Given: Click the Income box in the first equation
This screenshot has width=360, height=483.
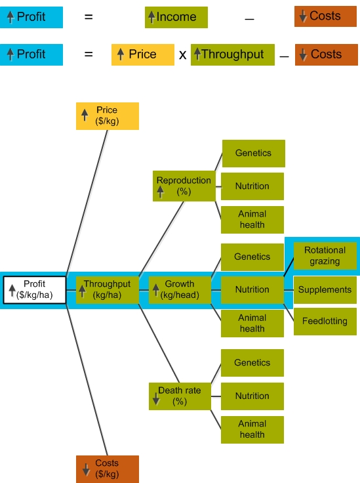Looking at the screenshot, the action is tap(176, 17).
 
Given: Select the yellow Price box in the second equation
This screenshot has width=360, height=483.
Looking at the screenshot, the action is tap(143, 55).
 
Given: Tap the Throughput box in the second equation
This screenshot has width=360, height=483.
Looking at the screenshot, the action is tap(233, 55).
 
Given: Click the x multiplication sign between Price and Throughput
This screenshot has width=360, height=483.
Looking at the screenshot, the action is tap(182, 55).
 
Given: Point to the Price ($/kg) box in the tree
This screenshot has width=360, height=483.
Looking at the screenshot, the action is tap(108, 116).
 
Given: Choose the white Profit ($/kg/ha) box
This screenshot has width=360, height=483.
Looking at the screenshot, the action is tap(35, 290).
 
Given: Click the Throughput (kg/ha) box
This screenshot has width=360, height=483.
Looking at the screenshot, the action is tap(108, 290).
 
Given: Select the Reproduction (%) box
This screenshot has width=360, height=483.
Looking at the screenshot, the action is tap(184, 186).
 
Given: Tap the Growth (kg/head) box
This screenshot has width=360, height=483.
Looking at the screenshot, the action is tap(180, 290).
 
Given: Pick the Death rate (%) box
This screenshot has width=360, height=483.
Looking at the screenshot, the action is tap(180, 396).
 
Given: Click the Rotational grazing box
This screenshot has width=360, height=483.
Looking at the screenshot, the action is tap(325, 256).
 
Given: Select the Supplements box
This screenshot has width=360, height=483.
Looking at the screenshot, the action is tap(325, 290).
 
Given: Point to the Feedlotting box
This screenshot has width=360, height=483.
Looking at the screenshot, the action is tap(325, 322).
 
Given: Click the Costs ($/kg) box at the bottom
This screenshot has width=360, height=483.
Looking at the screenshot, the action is tap(108, 469).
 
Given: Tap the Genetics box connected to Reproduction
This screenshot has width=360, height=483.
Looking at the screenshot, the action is tap(254, 154).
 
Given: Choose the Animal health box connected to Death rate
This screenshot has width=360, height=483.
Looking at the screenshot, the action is tap(252, 430).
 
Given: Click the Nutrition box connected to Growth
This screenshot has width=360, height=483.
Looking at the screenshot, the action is tap(252, 290).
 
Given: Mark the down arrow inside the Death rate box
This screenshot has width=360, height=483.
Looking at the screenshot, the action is tap(156, 398).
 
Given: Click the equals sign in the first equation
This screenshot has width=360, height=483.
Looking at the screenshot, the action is tap(89, 16).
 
